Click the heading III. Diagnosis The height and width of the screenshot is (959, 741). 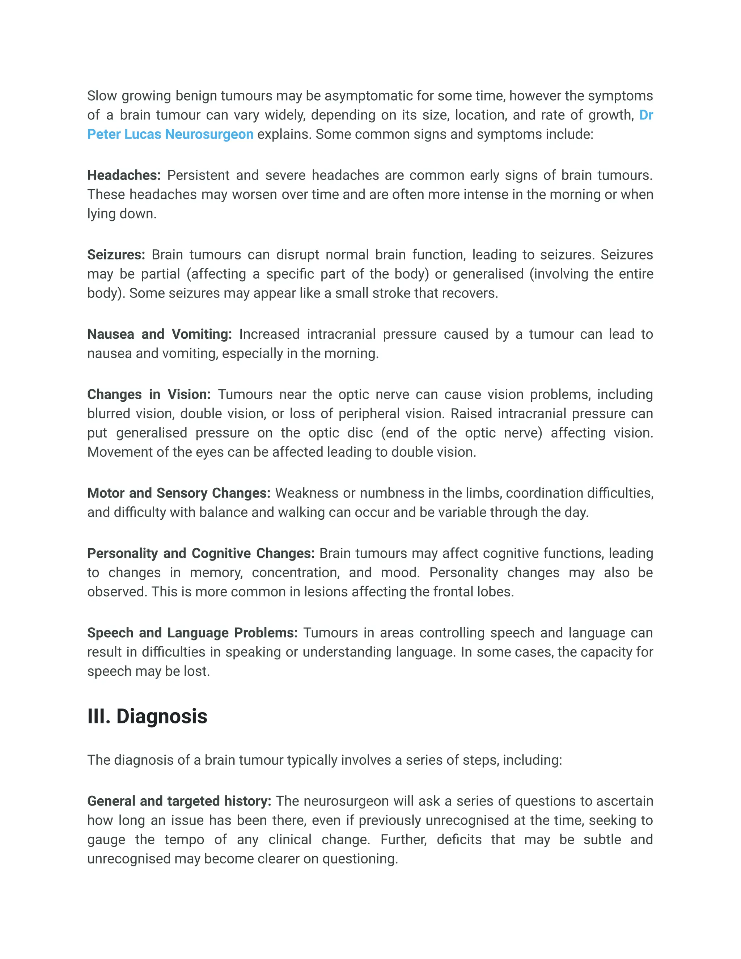coord(147,717)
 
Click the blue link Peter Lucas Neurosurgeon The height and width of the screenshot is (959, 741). coord(170,134)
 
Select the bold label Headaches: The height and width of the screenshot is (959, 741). coord(124,175)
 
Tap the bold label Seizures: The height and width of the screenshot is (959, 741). coord(116,255)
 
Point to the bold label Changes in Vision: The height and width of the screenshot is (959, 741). coord(149,394)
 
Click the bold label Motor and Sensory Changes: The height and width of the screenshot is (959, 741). coord(179,493)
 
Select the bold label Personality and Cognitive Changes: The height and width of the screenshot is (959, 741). coord(200,553)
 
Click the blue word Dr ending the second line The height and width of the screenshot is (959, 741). coord(646,115)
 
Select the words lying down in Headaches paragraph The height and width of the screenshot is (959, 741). coord(122,214)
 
